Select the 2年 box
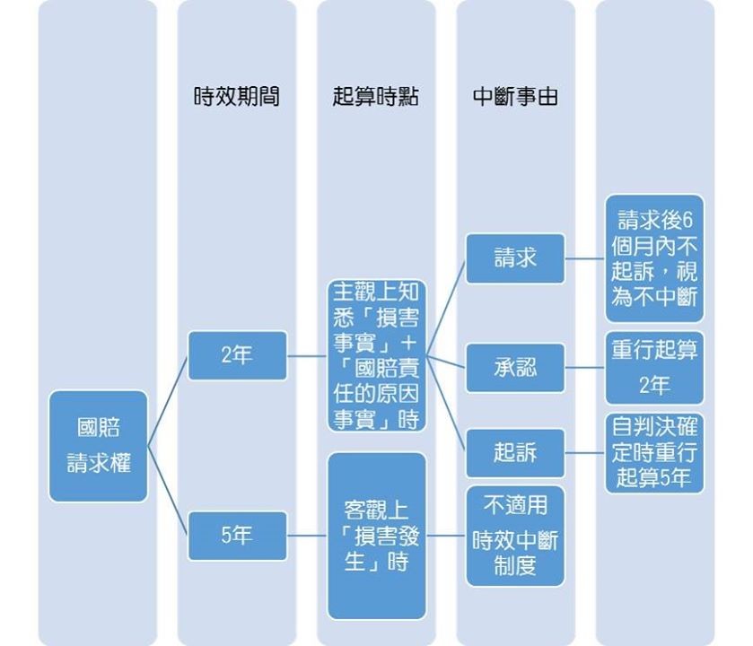(x=237, y=355)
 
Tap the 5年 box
(x=237, y=536)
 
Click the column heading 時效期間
(x=237, y=97)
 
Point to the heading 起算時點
(x=376, y=97)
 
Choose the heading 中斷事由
(x=515, y=97)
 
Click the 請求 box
(x=515, y=258)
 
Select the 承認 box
(x=515, y=367)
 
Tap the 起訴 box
(x=515, y=452)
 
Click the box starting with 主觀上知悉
(x=376, y=355)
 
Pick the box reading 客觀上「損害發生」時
(x=376, y=536)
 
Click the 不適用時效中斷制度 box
(x=515, y=536)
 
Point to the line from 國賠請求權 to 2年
(x=168, y=400)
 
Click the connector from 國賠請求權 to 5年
(x=168, y=491)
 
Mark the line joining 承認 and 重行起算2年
(x=585, y=367)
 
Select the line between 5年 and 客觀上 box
(x=307, y=536)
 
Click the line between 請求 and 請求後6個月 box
(x=585, y=258)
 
